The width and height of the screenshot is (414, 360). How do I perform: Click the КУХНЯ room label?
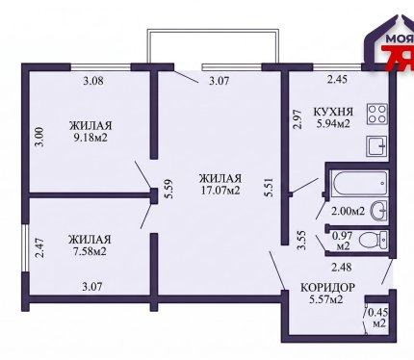click(x=333, y=112)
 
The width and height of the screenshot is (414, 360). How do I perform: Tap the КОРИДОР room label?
click(x=327, y=287)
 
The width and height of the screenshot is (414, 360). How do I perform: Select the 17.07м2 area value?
click(x=220, y=191)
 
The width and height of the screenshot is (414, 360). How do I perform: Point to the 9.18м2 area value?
click(x=91, y=138)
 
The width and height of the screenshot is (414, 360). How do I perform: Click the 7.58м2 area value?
click(x=90, y=251)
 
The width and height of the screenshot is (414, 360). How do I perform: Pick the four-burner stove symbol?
click(x=377, y=114)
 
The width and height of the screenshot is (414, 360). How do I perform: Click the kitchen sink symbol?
click(x=376, y=146)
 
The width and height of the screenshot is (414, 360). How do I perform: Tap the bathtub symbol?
click(x=360, y=183)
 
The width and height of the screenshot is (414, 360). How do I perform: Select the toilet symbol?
click(x=374, y=240)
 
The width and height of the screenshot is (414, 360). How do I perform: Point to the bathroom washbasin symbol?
click(x=379, y=211)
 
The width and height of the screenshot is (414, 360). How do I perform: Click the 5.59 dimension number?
click(x=169, y=189)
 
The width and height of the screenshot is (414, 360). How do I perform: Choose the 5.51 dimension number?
click(x=269, y=187)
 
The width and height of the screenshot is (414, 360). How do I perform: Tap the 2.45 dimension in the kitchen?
click(x=337, y=79)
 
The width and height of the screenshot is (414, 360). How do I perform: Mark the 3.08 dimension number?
click(x=93, y=81)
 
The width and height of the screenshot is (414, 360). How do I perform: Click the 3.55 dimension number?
click(x=301, y=240)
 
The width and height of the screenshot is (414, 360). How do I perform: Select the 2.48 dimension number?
click(x=342, y=267)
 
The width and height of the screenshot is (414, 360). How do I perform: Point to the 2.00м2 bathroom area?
click(x=348, y=211)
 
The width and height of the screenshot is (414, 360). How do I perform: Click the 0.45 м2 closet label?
click(x=378, y=318)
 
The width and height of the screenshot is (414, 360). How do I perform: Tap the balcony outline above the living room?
click(x=213, y=30)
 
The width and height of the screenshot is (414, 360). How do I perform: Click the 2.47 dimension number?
click(x=40, y=247)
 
